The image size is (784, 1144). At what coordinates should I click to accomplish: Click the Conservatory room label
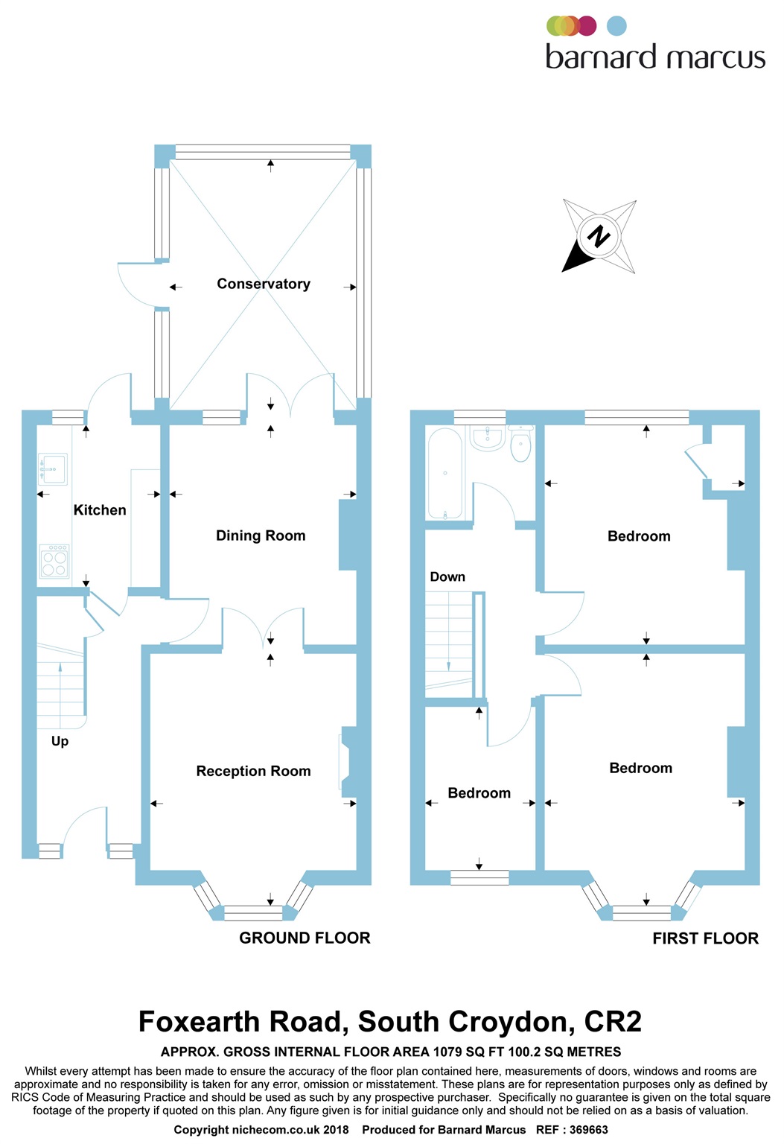(x=264, y=284)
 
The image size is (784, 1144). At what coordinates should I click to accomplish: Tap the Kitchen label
(x=100, y=510)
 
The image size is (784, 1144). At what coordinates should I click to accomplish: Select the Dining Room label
(x=261, y=536)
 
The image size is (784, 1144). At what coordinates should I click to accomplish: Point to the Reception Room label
(x=253, y=771)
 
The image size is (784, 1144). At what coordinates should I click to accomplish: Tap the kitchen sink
(x=54, y=469)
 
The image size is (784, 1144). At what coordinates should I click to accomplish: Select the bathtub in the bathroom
(x=445, y=474)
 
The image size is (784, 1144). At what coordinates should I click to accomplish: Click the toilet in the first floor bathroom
(x=520, y=445)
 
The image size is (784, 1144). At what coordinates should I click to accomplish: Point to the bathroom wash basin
(x=488, y=438)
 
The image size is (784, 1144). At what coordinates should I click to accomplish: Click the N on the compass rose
(x=599, y=237)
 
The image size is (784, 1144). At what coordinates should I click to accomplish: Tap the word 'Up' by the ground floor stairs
(x=60, y=741)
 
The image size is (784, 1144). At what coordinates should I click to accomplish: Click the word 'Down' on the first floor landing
(x=447, y=577)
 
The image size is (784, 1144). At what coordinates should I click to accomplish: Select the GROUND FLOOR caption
(x=305, y=938)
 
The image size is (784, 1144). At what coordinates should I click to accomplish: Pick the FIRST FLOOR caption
(x=705, y=938)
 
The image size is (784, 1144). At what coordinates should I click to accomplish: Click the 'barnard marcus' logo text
(x=655, y=57)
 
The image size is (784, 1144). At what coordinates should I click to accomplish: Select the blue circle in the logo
(x=616, y=26)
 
